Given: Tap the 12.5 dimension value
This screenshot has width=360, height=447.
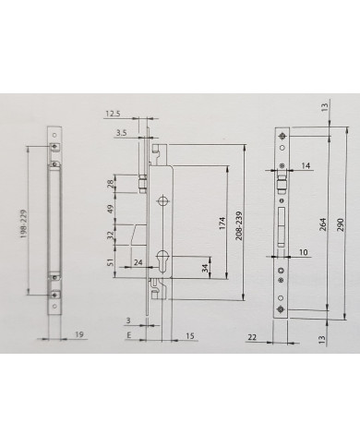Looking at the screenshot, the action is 113,114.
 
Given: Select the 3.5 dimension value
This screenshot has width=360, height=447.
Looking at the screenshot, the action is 121,133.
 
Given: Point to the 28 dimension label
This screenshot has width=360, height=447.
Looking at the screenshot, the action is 111,184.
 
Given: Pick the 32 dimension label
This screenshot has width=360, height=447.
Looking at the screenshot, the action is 111,236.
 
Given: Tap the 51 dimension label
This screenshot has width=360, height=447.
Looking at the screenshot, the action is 111,262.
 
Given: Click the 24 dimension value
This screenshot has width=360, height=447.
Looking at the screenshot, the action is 138,262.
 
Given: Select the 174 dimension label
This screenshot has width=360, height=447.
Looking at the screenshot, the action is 222,223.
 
